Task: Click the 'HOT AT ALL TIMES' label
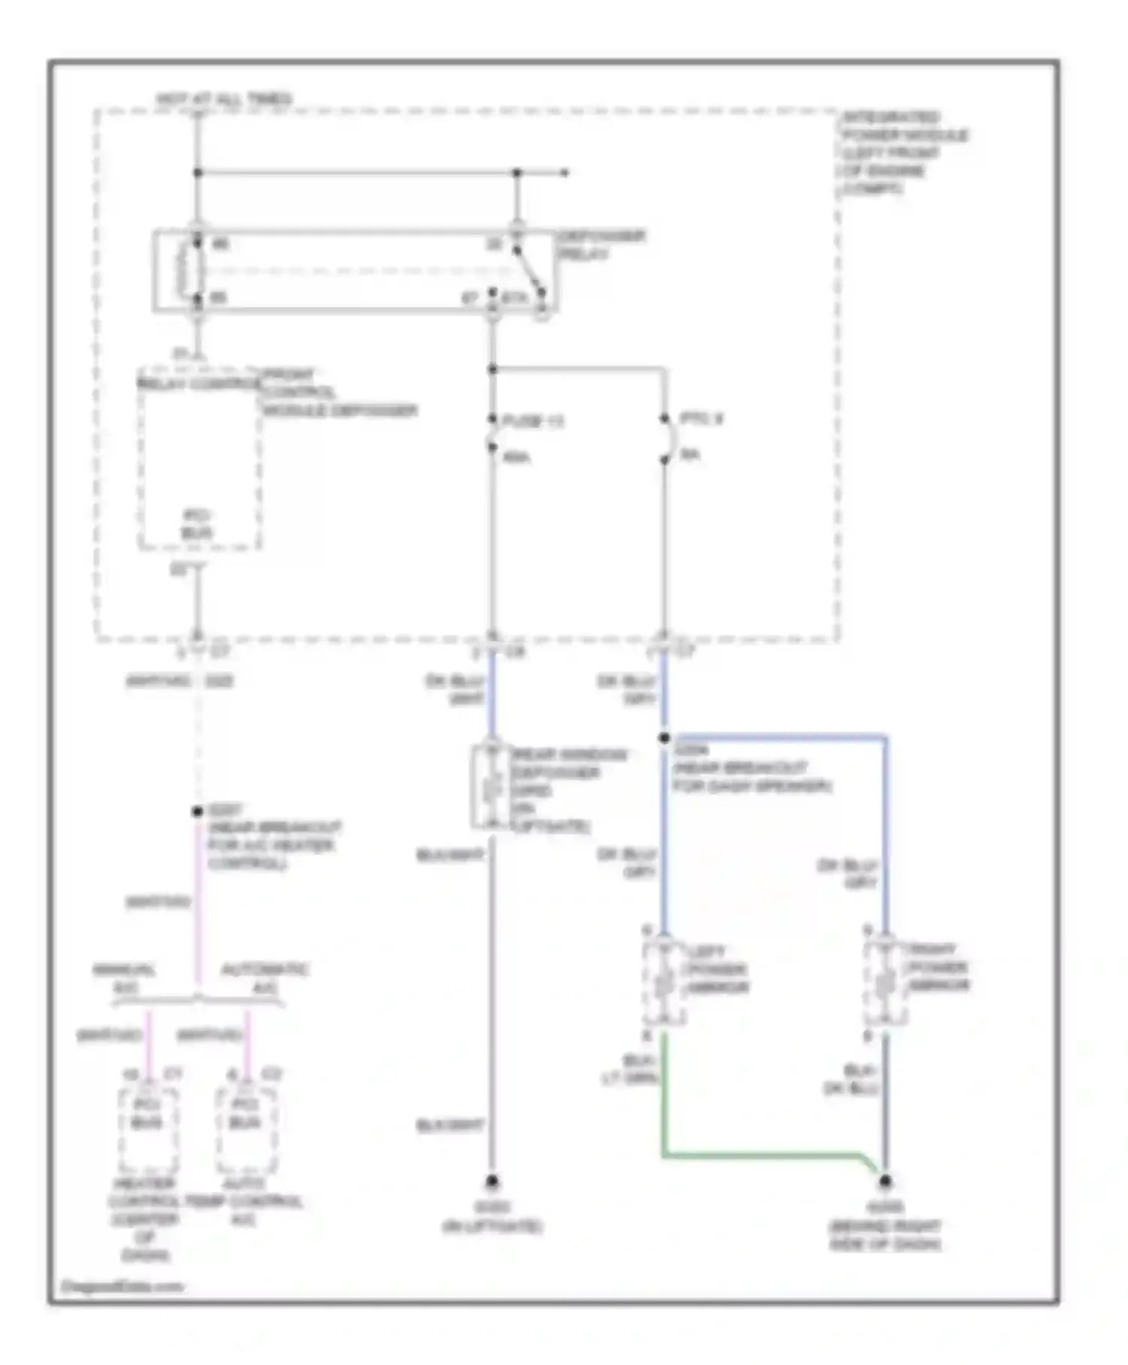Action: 223,99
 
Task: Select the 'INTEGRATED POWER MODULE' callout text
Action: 902,153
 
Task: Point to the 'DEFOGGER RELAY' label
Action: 601,245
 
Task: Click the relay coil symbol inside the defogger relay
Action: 185,270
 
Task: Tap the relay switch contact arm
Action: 529,271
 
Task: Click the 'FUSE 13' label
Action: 532,421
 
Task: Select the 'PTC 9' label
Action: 701,419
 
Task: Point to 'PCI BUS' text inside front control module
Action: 197,524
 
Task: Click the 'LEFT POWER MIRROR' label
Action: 714,969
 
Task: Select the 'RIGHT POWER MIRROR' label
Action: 937,967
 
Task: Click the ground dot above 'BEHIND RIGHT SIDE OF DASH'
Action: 885,1181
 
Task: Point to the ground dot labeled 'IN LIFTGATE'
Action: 492,1181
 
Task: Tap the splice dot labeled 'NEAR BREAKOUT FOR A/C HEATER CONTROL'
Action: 197,812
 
